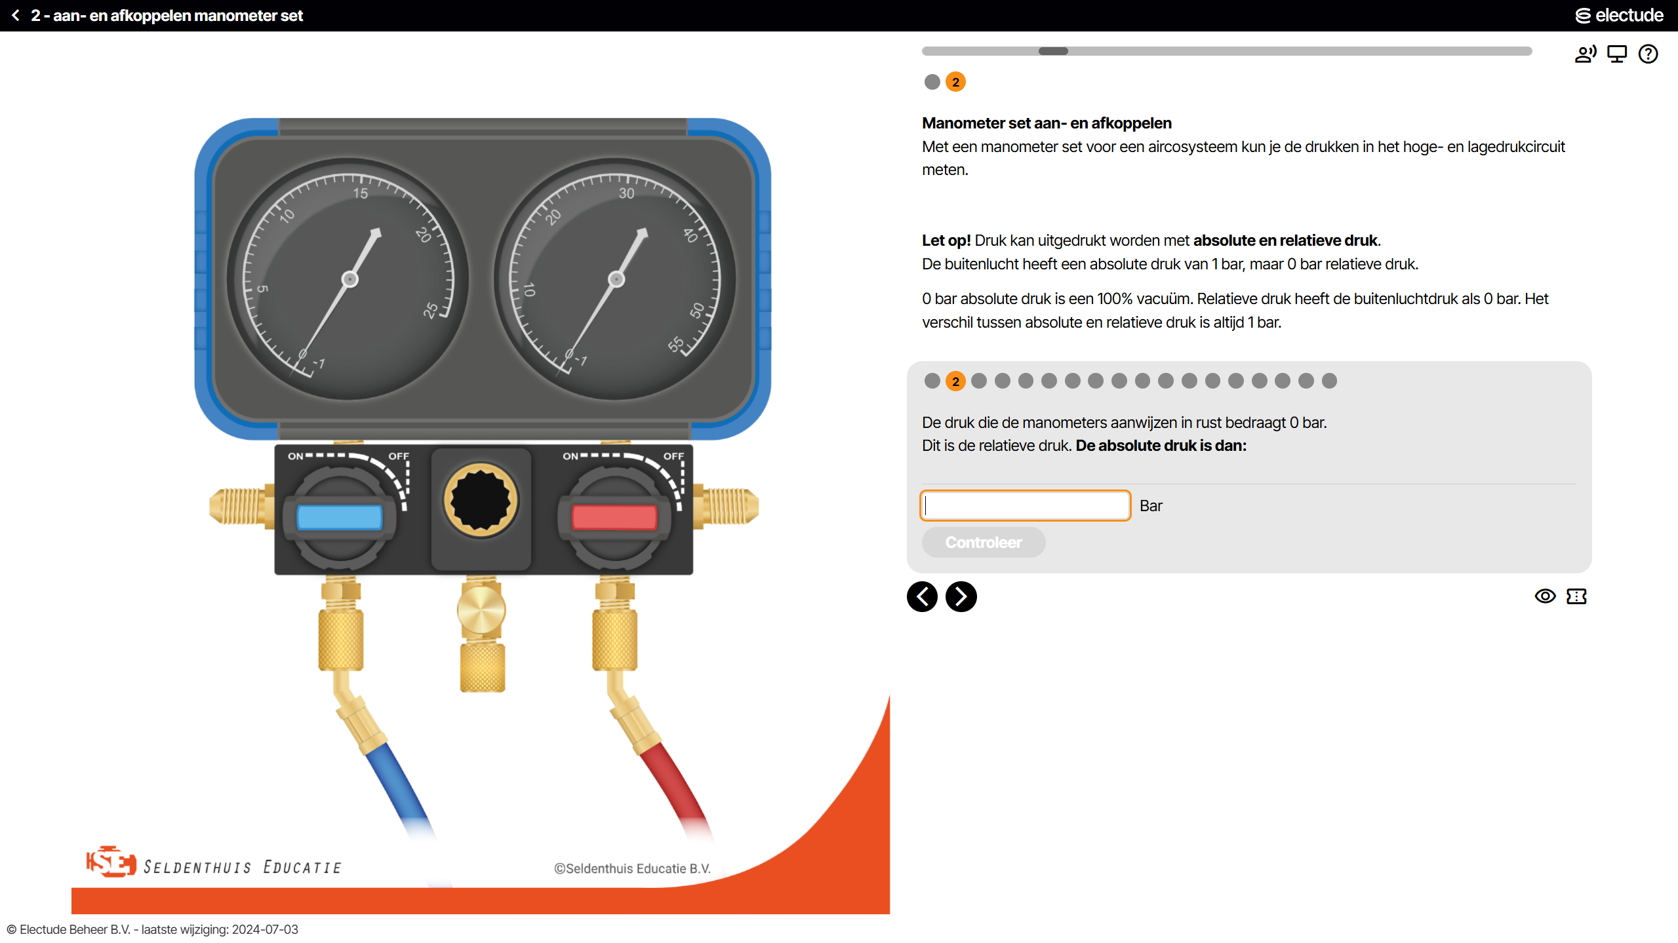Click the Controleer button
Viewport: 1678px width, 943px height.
pos(983,542)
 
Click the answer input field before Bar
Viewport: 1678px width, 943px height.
pos(1026,505)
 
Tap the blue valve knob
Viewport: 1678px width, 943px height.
pos(339,517)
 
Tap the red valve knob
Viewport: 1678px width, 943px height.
pos(614,517)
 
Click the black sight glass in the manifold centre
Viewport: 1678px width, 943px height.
pos(481,500)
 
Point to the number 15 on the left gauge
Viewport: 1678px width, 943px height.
pos(361,193)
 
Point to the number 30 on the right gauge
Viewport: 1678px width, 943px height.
pos(626,193)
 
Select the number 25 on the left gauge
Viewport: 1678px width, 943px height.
pos(430,310)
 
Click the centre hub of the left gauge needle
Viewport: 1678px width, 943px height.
pos(350,279)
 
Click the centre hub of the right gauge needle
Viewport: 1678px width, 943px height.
pos(616,279)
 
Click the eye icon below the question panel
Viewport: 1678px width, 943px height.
pos(1545,596)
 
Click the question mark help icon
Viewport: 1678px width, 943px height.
pos(1648,54)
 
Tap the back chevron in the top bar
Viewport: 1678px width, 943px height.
pos(16,15)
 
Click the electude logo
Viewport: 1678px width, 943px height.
pos(1619,15)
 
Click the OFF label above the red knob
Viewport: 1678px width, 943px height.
pos(673,456)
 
